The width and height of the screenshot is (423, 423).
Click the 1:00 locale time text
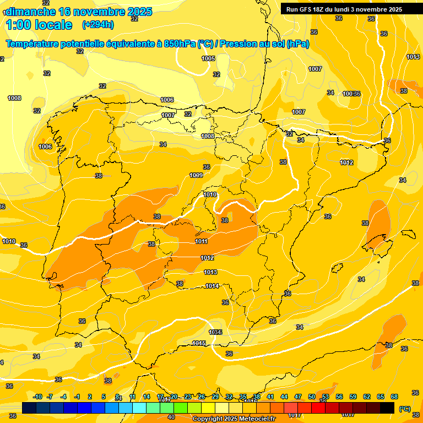(39, 25)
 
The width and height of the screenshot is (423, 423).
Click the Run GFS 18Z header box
(344, 9)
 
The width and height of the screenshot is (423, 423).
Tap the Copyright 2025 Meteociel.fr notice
(234, 419)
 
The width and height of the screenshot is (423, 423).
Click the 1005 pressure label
(208, 58)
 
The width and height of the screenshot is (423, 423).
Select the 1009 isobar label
(196, 175)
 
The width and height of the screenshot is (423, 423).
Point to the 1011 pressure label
(201, 241)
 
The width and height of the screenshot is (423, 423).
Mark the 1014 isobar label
(212, 286)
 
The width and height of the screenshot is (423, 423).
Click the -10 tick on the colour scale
(37, 397)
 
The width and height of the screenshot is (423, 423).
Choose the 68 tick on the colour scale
(394, 397)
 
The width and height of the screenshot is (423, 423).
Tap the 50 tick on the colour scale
(312, 397)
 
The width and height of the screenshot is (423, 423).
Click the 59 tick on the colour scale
(353, 397)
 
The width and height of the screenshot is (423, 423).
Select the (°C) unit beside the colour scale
(405, 409)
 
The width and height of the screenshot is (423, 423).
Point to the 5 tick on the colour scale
(104, 397)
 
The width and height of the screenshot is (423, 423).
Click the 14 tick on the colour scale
(147, 397)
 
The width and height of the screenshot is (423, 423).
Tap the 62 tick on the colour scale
(367, 397)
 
